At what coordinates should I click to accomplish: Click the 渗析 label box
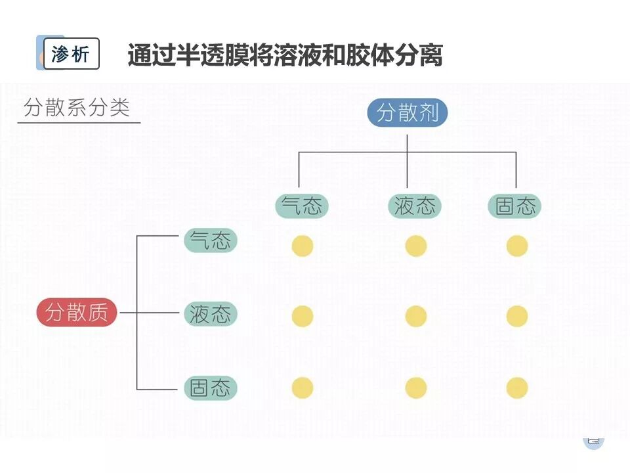(x=71, y=54)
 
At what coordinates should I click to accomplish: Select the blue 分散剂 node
(x=407, y=114)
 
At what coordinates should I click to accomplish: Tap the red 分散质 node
(x=77, y=312)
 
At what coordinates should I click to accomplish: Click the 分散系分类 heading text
(x=77, y=108)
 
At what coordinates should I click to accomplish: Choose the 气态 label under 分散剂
(x=301, y=206)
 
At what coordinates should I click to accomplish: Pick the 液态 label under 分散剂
(x=415, y=206)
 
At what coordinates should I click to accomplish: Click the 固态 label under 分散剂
(x=515, y=206)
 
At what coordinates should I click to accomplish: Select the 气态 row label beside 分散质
(x=210, y=240)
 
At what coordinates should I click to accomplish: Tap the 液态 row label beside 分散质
(x=210, y=313)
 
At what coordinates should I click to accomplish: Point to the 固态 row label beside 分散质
(x=210, y=388)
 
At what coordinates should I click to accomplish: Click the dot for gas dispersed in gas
(x=303, y=246)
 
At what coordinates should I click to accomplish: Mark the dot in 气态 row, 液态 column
(x=416, y=246)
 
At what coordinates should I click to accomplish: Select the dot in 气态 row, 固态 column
(x=517, y=246)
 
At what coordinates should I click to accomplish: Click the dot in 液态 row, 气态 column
(x=303, y=316)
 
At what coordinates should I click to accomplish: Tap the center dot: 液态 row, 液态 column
(x=416, y=316)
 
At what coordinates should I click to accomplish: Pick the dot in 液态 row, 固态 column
(x=517, y=316)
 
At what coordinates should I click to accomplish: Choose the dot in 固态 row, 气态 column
(x=303, y=388)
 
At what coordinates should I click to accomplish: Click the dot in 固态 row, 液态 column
(x=416, y=388)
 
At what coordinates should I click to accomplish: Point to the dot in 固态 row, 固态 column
(x=517, y=388)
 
